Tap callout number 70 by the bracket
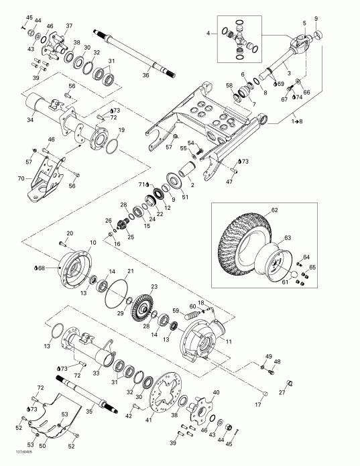point(21,179)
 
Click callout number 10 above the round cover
point(92,242)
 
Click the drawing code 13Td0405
point(13,460)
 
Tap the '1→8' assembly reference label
point(296,121)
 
